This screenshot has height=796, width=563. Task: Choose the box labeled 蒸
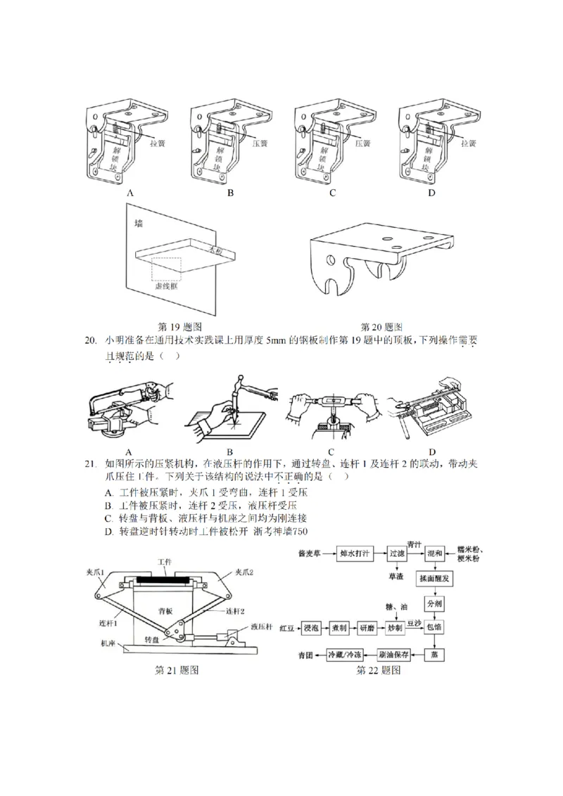[434, 653]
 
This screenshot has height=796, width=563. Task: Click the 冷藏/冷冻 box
[346, 653]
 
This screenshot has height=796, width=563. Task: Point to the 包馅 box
[434, 626]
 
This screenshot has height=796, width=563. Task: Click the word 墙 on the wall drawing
[139, 223]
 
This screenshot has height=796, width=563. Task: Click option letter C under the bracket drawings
[332, 192]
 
